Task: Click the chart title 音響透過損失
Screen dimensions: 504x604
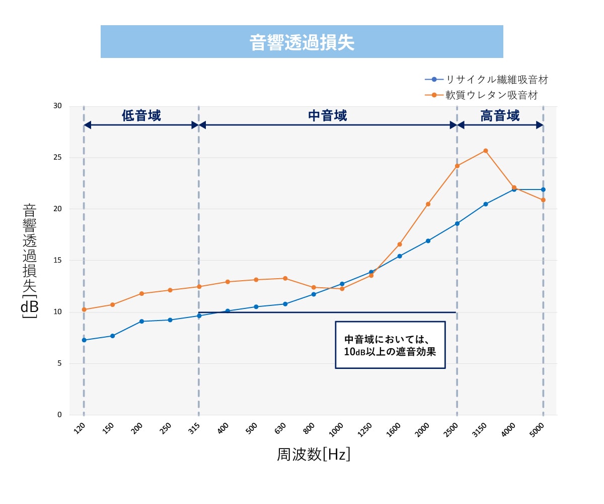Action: pos(302,42)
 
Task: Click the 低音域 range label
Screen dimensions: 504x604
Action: pos(141,116)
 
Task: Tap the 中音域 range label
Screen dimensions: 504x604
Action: pos(328,116)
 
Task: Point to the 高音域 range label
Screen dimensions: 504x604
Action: pos(500,116)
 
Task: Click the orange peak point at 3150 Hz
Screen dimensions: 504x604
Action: pos(486,151)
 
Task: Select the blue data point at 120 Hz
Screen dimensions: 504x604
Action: pos(84,340)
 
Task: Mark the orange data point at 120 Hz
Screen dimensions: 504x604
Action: pos(84,309)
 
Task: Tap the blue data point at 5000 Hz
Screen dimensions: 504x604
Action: pos(543,190)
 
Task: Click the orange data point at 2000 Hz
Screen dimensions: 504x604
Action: pos(428,204)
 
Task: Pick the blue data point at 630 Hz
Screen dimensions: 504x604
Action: pos(285,304)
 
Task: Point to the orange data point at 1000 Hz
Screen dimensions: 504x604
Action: pos(342,289)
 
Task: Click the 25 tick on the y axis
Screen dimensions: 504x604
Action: pos(57,157)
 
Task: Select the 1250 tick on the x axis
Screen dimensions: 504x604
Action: pos(365,429)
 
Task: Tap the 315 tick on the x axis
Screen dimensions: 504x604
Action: pos(195,428)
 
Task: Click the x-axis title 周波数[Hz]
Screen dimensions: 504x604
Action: pos(314,455)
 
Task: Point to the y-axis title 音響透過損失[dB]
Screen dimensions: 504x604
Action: pos(30,261)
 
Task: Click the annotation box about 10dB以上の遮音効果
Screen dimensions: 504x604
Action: pos(390,345)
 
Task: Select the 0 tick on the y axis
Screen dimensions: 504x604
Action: pos(59,415)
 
